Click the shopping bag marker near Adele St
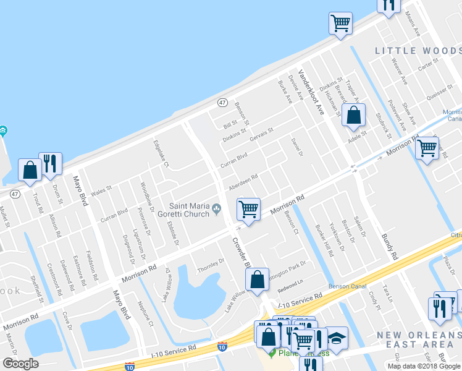tap(353, 116)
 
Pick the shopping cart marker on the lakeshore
tap(340, 24)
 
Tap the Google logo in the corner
tap(20, 363)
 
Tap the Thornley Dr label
tap(211, 265)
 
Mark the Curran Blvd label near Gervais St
tap(234, 160)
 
